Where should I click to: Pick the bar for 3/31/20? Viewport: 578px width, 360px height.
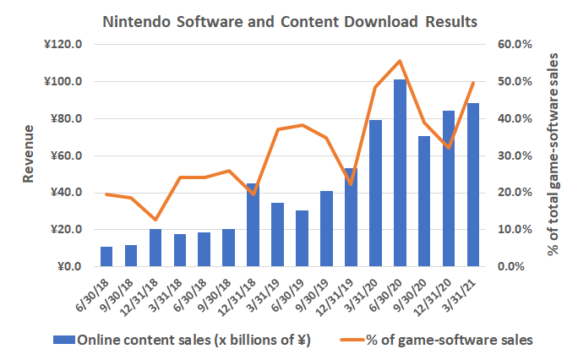coord(375,194)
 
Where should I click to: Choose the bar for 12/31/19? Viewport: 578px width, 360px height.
coord(351,217)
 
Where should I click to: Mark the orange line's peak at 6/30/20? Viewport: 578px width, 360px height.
coord(400,61)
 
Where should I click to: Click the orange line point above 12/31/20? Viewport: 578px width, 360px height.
coord(449,148)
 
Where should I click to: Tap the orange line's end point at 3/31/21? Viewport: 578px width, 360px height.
coord(473,82)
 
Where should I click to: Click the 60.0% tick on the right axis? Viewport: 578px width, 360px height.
coord(514,44)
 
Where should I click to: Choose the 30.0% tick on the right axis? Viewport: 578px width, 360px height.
coord(514,155)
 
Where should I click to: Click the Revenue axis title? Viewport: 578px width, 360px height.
coord(29,155)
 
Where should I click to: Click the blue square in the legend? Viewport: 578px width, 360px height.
coord(63,341)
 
